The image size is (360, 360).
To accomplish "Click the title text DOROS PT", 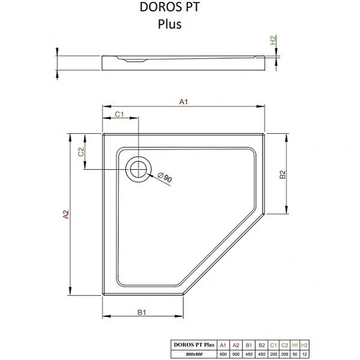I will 179,9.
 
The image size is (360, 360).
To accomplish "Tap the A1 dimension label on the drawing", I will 184,103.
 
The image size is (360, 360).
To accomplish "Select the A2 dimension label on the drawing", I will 66,215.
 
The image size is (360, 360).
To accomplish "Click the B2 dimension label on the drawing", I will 283,174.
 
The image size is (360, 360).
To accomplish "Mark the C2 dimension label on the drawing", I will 82,151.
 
